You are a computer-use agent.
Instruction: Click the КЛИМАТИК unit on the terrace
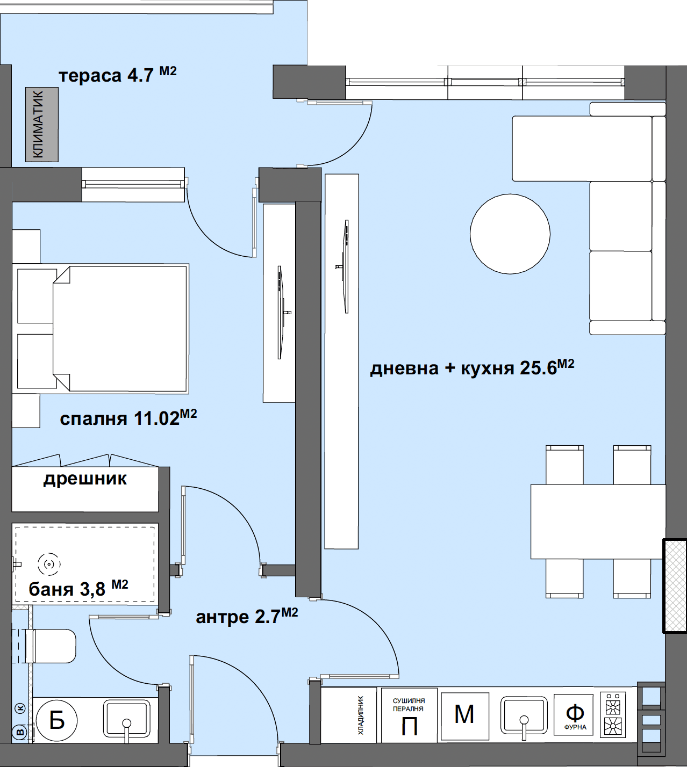42,125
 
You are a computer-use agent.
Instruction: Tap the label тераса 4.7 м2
118,74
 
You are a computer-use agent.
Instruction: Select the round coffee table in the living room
510,234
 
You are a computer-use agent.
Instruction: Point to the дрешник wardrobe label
85,479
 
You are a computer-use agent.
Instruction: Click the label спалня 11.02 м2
128,417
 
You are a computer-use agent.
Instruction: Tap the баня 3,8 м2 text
78,588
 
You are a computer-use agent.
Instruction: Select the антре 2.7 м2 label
247,616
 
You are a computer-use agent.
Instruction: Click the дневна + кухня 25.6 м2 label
472,367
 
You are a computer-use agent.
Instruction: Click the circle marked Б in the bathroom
57,721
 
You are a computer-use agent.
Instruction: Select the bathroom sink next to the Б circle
126,720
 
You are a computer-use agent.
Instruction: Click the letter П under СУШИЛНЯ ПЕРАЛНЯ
409,727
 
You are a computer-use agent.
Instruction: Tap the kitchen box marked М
464,716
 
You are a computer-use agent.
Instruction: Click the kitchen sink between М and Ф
524,717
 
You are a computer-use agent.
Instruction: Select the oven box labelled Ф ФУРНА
574,714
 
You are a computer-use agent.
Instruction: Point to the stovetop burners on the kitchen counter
613,714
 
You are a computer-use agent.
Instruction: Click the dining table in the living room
598,522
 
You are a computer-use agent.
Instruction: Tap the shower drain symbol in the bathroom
49,564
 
